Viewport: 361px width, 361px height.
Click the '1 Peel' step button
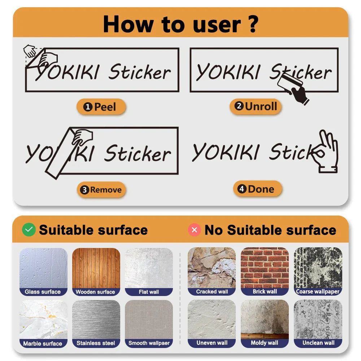coord(101,107)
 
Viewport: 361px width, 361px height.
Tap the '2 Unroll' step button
coord(256,106)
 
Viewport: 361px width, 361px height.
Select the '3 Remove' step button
coord(101,190)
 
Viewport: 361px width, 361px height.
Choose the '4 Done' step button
coord(257,189)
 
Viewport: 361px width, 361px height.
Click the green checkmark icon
coord(29,230)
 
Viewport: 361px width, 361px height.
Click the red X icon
coord(194,230)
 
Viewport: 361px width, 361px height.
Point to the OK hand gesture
coord(326,152)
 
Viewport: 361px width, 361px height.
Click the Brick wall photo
coord(265,268)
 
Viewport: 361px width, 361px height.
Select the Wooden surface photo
coord(96,268)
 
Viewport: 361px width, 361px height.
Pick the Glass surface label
coord(43,292)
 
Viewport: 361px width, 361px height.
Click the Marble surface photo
coord(43,319)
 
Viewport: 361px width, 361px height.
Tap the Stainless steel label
coord(96,343)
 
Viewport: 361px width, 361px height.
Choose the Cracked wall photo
coord(212,268)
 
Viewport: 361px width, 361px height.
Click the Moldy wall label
coord(265,343)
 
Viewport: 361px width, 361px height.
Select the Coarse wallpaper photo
coord(318,268)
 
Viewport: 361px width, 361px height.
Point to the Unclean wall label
coord(318,343)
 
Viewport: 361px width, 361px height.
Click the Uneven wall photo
coord(212,319)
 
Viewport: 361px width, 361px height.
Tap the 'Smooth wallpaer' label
coord(149,343)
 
